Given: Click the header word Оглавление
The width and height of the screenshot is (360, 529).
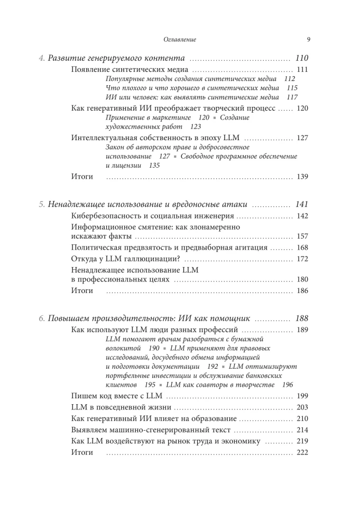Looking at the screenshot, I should coord(180,39).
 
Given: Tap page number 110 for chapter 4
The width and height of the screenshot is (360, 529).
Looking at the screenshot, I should coord(302,58).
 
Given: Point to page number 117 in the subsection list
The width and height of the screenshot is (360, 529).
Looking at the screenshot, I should coord(292,97).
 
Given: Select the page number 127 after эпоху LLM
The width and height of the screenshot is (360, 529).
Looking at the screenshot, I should coord(302,138).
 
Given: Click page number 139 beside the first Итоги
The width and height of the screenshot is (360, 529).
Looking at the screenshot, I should coord(302,176).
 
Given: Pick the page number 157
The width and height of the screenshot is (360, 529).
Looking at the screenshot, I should coord(302,236).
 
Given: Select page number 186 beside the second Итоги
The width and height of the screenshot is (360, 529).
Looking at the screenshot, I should coord(302,290).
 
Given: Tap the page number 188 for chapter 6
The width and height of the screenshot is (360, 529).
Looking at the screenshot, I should coord(302,318).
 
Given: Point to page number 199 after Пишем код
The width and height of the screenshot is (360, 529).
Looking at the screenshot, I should coord(302,396).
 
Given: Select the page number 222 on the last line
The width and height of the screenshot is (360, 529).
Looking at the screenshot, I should coord(302,452).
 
